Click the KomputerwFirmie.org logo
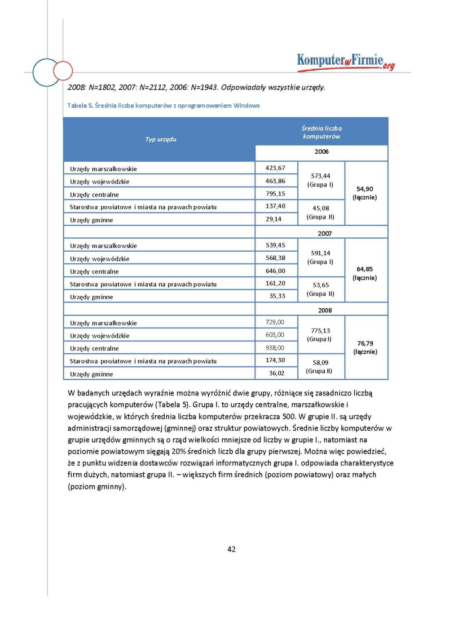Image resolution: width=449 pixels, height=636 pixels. [345, 62]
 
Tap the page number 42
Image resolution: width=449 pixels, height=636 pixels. [231, 549]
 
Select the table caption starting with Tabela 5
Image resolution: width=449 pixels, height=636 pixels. [163, 106]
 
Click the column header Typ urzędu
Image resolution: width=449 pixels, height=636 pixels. [161, 139]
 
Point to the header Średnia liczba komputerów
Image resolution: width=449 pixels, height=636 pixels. [321, 132]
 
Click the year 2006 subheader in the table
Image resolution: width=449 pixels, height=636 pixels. [321, 152]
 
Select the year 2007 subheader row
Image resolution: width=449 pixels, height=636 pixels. [325, 233]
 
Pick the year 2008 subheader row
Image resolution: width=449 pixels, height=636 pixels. [325, 310]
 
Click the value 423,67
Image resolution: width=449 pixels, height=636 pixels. [275, 168]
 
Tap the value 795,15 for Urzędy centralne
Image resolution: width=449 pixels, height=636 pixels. [275, 194]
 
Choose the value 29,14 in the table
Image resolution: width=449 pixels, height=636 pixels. [273, 219]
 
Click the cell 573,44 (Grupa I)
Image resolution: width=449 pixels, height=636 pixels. [321, 180]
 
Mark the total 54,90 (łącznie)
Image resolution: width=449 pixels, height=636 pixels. [365, 193]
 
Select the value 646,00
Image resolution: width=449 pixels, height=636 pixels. [275, 271]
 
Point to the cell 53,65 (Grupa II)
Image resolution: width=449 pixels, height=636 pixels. [321, 289]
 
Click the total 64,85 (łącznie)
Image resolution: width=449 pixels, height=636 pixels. [365, 273]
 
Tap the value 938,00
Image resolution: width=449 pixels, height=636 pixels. [275, 348]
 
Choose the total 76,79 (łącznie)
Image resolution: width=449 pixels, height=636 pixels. [365, 347]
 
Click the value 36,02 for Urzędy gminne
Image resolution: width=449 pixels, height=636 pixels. [277, 373]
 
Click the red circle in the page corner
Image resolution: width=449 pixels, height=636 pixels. [63, 71]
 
